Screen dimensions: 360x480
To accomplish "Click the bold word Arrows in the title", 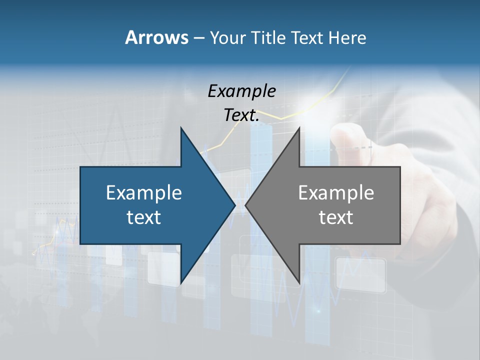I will point(157,37).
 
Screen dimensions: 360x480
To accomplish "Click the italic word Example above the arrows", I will point(241,91).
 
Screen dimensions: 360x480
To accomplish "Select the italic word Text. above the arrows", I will point(241,115).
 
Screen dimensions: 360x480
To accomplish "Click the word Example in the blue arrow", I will point(144,192).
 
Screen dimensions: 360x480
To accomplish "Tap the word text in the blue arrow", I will point(144,217).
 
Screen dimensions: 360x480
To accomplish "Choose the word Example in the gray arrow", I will point(336,192).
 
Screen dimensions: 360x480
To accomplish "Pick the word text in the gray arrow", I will point(336,217).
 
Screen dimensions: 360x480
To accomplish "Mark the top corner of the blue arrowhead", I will point(181,128).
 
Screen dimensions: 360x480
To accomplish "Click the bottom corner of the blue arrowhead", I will point(181,283).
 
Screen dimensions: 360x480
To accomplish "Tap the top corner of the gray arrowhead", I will point(299,128).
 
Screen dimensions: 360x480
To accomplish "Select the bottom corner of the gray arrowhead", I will point(299,283).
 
